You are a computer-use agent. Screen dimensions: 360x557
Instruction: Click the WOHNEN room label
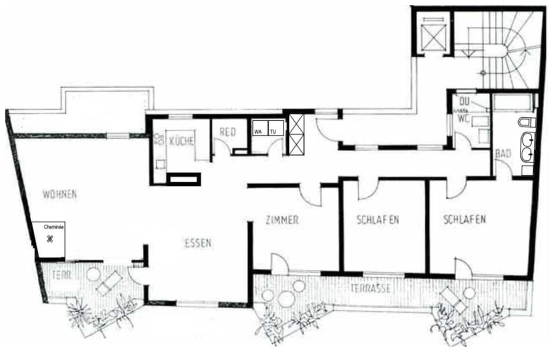(x=59, y=194)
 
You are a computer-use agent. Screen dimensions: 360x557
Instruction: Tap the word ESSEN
(x=198, y=243)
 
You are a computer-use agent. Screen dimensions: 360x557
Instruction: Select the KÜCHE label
(x=182, y=141)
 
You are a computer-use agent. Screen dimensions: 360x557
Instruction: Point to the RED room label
(x=228, y=131)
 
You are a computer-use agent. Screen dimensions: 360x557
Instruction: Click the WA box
(x=258, y=131)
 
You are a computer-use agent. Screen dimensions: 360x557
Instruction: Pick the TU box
(x=273, y=131)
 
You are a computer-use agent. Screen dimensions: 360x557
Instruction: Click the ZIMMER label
(x=281, y=220)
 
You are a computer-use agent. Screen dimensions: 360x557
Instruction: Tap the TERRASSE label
(x=369, y=287)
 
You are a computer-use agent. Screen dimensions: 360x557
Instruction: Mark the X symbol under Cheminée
(x=50, y=239)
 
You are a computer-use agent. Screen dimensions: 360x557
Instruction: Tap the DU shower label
(x=463, y=102)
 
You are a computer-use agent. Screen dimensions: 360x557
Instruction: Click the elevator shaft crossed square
(x=432, y=38)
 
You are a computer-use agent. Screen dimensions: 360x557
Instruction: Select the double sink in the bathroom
(x=527, y=147)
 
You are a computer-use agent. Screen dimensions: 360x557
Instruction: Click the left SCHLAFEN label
(x=377, y=219)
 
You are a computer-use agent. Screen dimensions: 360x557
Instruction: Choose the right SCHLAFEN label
(x=464, y=219)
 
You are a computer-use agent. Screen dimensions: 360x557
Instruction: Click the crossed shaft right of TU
(x=296, y=134)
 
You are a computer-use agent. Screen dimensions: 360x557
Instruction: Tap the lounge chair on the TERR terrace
(x=109, y=284)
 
